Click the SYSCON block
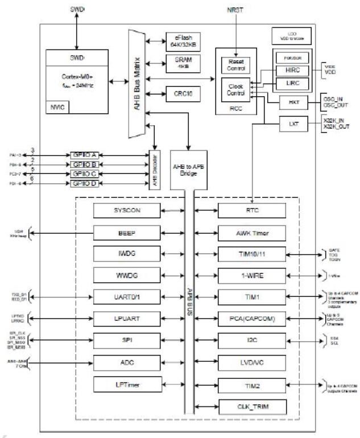[x=126, y=211]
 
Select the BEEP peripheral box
[x=126, y=232]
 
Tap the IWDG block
[x=126, y=254]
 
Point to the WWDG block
[x=126, y=275]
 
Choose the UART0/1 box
[x=126, y=296]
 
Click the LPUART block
[x=126, y=318]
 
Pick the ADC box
[x=126, y=362]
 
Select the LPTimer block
[x=126, y=385]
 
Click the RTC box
[x=252, y=211]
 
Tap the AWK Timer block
[x=252, y=232]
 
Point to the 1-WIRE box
[x=252, y=275]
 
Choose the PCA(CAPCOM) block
[x=252, y=318]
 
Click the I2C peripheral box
[x=252, y=340]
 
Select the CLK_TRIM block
[x=252, y=406]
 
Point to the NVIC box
[x=57, y=106]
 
